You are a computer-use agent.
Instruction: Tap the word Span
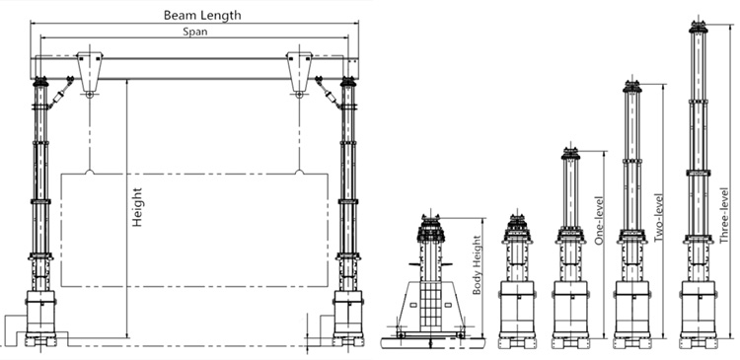click(194, 32)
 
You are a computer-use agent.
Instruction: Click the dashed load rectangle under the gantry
click(194, 230)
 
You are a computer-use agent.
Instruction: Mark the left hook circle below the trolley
click(91, 95)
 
